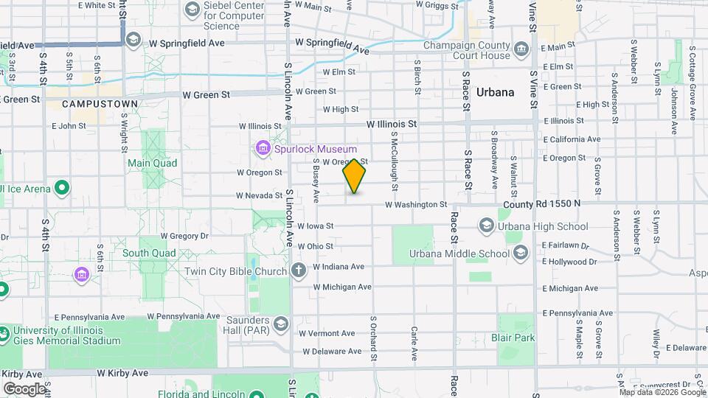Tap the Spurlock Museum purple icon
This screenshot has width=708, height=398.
[263, 149]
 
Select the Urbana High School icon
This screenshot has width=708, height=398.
[486, 226]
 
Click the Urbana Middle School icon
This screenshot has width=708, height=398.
[520, 254]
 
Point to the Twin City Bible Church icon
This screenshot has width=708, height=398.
[297, 271]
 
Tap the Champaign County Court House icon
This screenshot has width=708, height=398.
[521, 50]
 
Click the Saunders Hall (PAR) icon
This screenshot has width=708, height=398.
[280, 324]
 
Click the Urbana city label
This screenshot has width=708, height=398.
[495, 93]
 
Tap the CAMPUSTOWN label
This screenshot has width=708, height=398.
[100, 104]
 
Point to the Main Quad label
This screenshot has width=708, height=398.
[152, 163]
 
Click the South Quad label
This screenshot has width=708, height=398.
[149, 253]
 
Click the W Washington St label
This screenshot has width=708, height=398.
[416, 204]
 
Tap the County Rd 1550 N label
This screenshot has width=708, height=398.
[542, 203]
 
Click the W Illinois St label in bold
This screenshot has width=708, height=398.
[392, 125]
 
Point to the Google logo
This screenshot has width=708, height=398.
[24, 388]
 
